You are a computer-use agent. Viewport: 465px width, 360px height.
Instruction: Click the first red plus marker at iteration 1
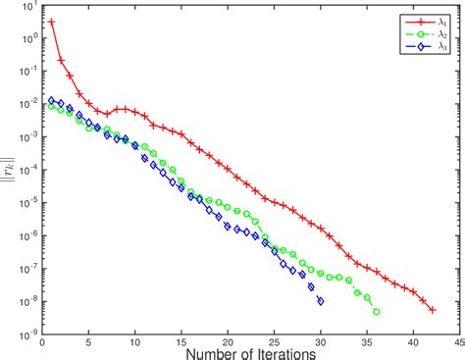pyautogui.click(x=51, y=22)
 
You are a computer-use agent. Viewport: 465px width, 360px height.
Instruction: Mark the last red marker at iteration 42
pyautogui.click(x=432, y=310)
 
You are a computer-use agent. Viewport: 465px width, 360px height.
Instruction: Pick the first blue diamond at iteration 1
pyautogui.click(x=51, y=100)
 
